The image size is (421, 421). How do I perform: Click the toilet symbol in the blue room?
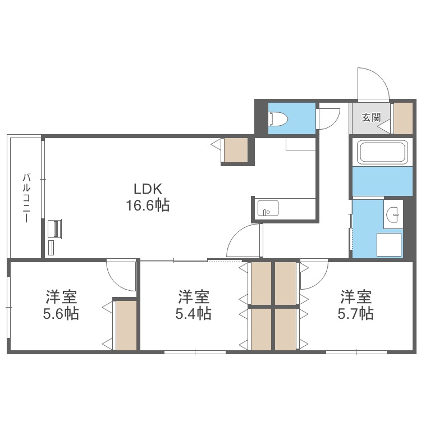(x=278, y=118)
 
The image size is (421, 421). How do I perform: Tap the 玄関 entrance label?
(x=371, y=117)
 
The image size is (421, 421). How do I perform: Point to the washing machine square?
(x=389, y=244)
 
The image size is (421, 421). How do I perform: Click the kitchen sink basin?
(x=268, y=208)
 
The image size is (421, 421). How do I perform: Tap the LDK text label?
(x=148, y=189)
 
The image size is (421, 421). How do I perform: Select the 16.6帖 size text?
(x=148, y=206)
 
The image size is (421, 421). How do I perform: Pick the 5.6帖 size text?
(x=61, y=313)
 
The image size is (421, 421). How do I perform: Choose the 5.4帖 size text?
(x=193, y=313)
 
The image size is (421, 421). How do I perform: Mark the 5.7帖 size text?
(x=355, y=313)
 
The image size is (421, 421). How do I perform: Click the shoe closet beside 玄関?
(x=403, y=118)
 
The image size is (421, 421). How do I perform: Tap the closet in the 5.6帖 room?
(x=126, y=326)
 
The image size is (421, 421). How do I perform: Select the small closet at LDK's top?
(x=236, y=150)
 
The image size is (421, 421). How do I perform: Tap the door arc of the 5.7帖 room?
(x=319, y=282)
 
